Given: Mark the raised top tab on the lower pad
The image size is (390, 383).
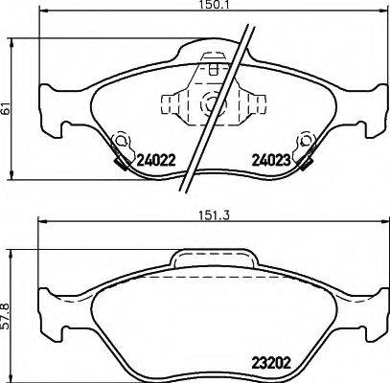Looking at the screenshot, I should click(x=214, y=260).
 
